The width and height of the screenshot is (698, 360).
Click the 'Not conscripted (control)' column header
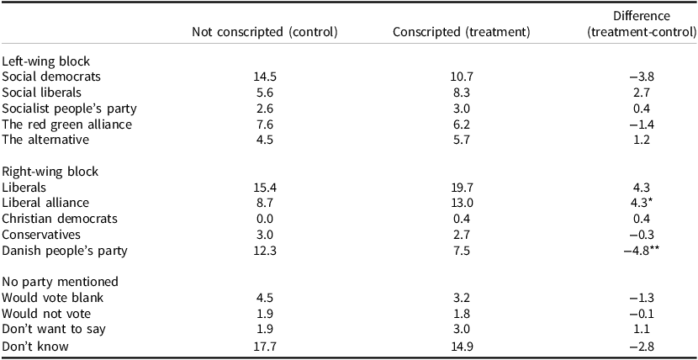[x=265, y=33]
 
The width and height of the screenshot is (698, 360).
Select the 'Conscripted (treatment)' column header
[x=461, y=33]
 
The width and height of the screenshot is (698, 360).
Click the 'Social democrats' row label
[x=52, y=76]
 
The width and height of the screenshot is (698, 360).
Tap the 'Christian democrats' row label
[x=59, y=219]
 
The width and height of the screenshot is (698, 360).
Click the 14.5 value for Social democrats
[x=265, y=76]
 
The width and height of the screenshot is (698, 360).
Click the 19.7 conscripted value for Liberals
[x=461, y=187]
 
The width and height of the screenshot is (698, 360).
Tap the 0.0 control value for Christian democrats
[x=265, y=219]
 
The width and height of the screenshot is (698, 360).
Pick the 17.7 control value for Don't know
[x=265, y=345]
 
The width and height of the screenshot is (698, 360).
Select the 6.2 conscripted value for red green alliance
[x=461, y=124]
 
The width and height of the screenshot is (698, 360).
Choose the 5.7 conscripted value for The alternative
[x=461, y=140]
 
